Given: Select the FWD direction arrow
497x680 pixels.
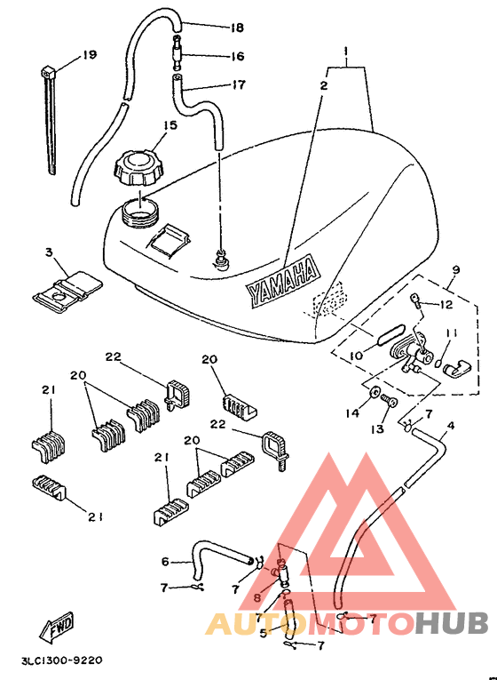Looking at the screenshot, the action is pos(57,627).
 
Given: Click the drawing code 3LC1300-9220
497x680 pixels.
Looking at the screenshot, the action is pos(62,660).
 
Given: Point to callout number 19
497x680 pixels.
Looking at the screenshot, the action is pos(90,55).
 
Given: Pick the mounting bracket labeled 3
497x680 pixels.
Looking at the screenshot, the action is pos(68,292).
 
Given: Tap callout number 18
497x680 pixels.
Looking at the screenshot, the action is pos(237,28).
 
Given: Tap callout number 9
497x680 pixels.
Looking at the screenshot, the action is pos(455,269).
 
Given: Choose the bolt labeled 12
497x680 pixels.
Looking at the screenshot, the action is pos(415,300).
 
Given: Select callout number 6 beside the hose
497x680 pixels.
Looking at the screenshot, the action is pos(165,562).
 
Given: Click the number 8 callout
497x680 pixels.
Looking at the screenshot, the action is pos(257,598).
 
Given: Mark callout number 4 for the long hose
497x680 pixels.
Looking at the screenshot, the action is pos(451,426).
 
